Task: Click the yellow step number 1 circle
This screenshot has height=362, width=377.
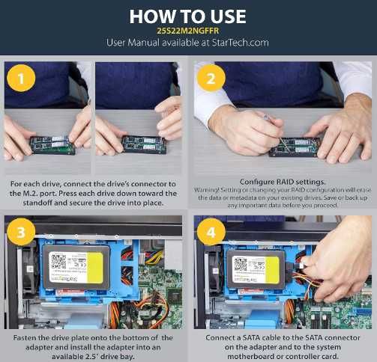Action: click(21, 78)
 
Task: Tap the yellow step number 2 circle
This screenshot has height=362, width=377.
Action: click(211, 78)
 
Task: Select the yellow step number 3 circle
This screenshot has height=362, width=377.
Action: click(21, 232)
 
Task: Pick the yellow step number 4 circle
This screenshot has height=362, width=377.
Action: click(211, 232)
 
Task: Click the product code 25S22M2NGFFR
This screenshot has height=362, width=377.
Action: click(188, 31)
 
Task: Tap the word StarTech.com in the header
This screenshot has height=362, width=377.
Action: click(240, 43)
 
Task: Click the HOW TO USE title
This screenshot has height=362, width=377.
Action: click(188, 16)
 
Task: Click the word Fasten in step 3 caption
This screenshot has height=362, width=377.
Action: click(22, 338)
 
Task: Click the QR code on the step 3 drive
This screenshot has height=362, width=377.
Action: click(58, 261)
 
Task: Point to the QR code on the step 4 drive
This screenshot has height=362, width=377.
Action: click(240, 264)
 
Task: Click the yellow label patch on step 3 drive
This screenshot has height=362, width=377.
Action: click(94, 268)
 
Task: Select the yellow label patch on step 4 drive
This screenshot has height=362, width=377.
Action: click(272, 270)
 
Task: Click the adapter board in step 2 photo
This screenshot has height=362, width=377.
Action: click(294, 147)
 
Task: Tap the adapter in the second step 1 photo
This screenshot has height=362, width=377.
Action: click(144, 144)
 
